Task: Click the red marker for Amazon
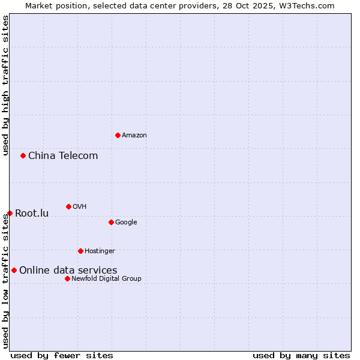pyautogui.click(x=118, y=135)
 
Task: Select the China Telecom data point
pyautogui.click(x=23, y=155)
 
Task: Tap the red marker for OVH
pyautogui.click(x=68, y=206)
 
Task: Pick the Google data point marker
pyautogui.click(x=111, y=222)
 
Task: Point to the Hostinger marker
pyautogui.click(x=80, y=251)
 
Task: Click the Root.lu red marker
pyautogui.click(x=10, y=213)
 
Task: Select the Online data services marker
pyautogui.click(x=14, y=270)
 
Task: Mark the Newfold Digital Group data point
pyautogui.click(x=67, y=278)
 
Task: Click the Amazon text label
pyautogui.click(x=134, y=135)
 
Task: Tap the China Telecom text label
pyautogui.click(x=63, y=156)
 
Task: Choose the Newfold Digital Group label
pyautogui.click(x=106, y=278)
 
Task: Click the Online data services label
pyautogui.click(x=68, y=271)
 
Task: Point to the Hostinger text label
pyautogui.click(x=100, y=251)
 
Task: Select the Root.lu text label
pyautogui.click(x=32, y=214)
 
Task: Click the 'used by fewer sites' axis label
pyautogui.click(x=62, y=355)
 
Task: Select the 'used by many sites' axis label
pyautogui.click(x=301, y=355)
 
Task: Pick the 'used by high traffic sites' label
pyautogui.click(x=5, y=85)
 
